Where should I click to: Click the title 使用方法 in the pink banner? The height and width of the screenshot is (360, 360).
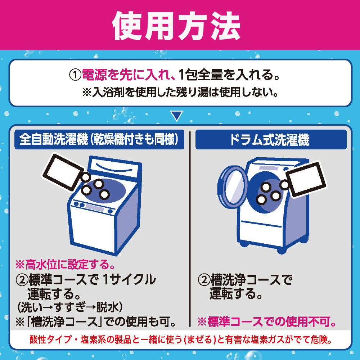tap(176, 26)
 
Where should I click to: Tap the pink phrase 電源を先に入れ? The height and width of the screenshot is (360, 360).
tap(128, 75)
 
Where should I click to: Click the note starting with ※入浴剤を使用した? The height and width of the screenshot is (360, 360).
tap(180, 92)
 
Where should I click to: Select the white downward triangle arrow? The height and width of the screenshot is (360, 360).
tap(176, 116)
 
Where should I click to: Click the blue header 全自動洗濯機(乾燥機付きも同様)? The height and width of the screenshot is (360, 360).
tap(99, 139)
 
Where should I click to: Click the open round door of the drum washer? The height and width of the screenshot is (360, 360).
tap(232, 187)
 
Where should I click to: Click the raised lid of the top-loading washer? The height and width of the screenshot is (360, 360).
tap(115, 168)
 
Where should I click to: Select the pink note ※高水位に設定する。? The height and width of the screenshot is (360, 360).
tap(65, 264)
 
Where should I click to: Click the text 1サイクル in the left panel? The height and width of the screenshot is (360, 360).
tap(129, 279)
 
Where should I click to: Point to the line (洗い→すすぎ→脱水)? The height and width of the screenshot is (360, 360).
tap(70, 307)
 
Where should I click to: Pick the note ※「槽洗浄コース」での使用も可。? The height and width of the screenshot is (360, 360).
tap(95, 321)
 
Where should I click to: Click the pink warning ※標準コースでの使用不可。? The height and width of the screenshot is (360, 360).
tap(266, 321)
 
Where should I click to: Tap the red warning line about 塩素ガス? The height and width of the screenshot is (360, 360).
tap(181, 340)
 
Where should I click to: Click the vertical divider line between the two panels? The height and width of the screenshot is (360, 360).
tap(190, 229)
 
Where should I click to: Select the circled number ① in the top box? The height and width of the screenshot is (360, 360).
tap(76, 75)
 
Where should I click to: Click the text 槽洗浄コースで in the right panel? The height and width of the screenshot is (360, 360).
tap(251, 280)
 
